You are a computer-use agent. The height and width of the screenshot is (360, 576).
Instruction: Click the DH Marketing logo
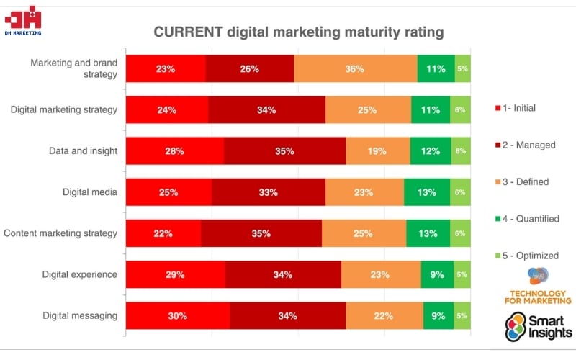22,19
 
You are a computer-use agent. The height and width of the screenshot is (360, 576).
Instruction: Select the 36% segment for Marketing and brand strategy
355,69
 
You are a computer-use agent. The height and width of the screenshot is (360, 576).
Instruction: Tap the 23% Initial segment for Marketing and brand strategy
166,69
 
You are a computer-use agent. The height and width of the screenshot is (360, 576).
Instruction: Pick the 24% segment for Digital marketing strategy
167,110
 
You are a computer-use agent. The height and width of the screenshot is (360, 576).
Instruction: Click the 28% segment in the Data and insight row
175,151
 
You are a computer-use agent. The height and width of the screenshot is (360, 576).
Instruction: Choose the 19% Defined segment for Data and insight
377,151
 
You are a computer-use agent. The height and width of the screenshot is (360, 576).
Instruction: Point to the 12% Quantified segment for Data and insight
431,151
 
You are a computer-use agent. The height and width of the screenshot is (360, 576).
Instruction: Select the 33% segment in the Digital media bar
268,192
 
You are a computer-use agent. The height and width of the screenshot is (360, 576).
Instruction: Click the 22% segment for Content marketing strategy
163,233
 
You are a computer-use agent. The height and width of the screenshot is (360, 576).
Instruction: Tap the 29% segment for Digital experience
176,274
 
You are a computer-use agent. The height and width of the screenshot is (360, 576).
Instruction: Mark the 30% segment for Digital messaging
178,315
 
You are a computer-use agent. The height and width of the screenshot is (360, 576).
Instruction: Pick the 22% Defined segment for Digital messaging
384,315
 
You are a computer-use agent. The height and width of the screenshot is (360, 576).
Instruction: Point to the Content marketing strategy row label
60,233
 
